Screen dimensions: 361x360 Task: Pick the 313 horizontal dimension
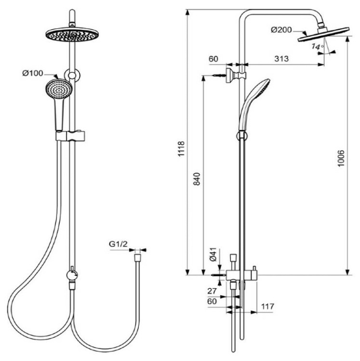point(281,59)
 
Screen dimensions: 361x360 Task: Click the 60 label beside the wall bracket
point(213,59)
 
